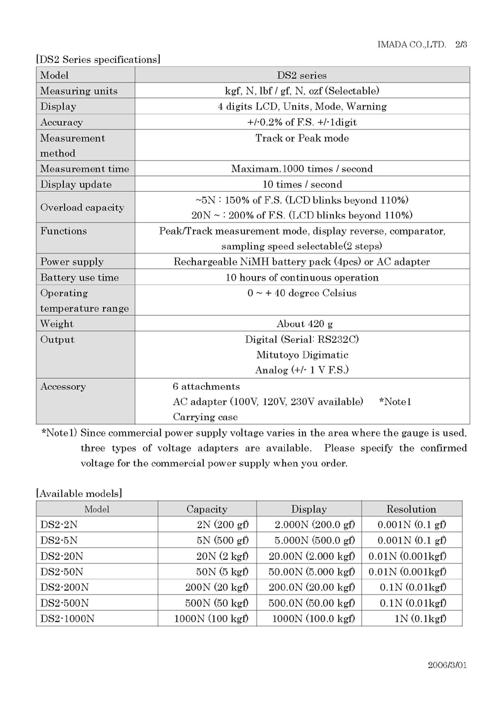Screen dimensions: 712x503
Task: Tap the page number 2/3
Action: (x=462, y=45)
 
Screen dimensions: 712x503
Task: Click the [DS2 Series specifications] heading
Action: (x=98, y=60)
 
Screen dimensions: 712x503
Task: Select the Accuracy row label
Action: (x=62, y=122)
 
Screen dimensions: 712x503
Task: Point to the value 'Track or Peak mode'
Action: (x=302, y=138)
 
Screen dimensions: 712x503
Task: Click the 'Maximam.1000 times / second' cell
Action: (x=302, y=169)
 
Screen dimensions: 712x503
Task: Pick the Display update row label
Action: (x=76, y=184)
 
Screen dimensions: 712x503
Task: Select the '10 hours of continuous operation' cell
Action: (x=302, y=277)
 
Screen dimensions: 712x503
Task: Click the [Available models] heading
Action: (x=79, y=494)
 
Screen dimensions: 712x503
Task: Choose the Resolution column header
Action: (x=411, y=509)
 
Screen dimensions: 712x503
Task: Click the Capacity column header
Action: (x=207, y=509)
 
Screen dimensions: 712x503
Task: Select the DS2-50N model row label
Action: (x=62, y=571)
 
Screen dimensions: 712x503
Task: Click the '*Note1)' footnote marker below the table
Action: (x=59, y=433)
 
